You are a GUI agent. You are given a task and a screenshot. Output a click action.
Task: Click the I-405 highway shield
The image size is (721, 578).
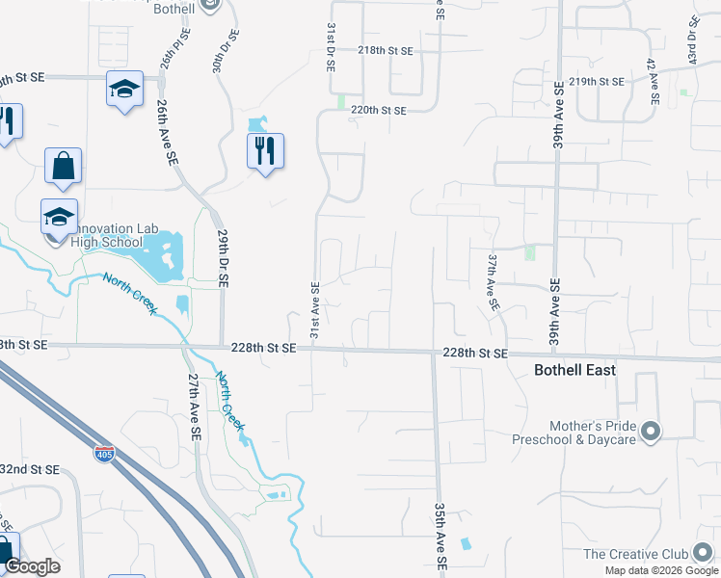(x=104, y=452)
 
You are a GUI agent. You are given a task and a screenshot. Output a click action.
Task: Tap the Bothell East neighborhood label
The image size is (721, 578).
(x=574, y=370)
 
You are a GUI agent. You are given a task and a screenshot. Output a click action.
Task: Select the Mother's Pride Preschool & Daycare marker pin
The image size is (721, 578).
(x=651, y=431)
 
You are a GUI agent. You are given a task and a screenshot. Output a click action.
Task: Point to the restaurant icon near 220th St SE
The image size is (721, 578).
(x=264, y=150)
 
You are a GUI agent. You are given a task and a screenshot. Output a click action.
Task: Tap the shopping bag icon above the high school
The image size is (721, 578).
(x=63, y=166)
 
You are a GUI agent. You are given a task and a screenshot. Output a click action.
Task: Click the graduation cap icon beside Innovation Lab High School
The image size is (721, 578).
(x=59, y=216)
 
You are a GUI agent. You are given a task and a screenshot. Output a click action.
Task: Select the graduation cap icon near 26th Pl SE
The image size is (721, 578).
(x=123, y=89)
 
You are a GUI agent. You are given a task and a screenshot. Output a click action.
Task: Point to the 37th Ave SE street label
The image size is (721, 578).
(x=493, y=282)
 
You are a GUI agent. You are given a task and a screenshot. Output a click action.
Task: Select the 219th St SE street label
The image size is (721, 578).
(x=598, y=81)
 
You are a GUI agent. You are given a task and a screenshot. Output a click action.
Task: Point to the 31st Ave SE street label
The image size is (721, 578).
(x=314, y=309)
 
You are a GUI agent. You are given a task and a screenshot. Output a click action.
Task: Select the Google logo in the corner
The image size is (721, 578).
(x=32, y=566)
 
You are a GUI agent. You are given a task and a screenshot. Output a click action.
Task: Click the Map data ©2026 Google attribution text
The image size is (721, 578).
(x=661, y=570)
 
